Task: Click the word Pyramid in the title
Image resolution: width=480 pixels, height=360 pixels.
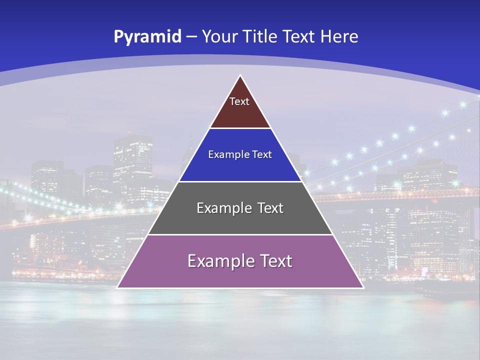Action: (x=147, y=37)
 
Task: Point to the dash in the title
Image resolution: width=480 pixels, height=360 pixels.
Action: (x=191, y=37)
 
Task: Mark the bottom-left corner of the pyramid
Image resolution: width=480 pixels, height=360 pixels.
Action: (x=118, y=287)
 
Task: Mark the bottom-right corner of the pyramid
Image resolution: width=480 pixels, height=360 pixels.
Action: (x=362, y=287)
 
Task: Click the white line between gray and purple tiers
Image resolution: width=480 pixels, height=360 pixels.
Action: (x=240, y=234)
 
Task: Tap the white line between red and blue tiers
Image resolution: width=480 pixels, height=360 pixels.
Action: (x=240, y=128)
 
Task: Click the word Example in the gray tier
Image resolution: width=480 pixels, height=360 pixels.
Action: (x=221, y=208)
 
